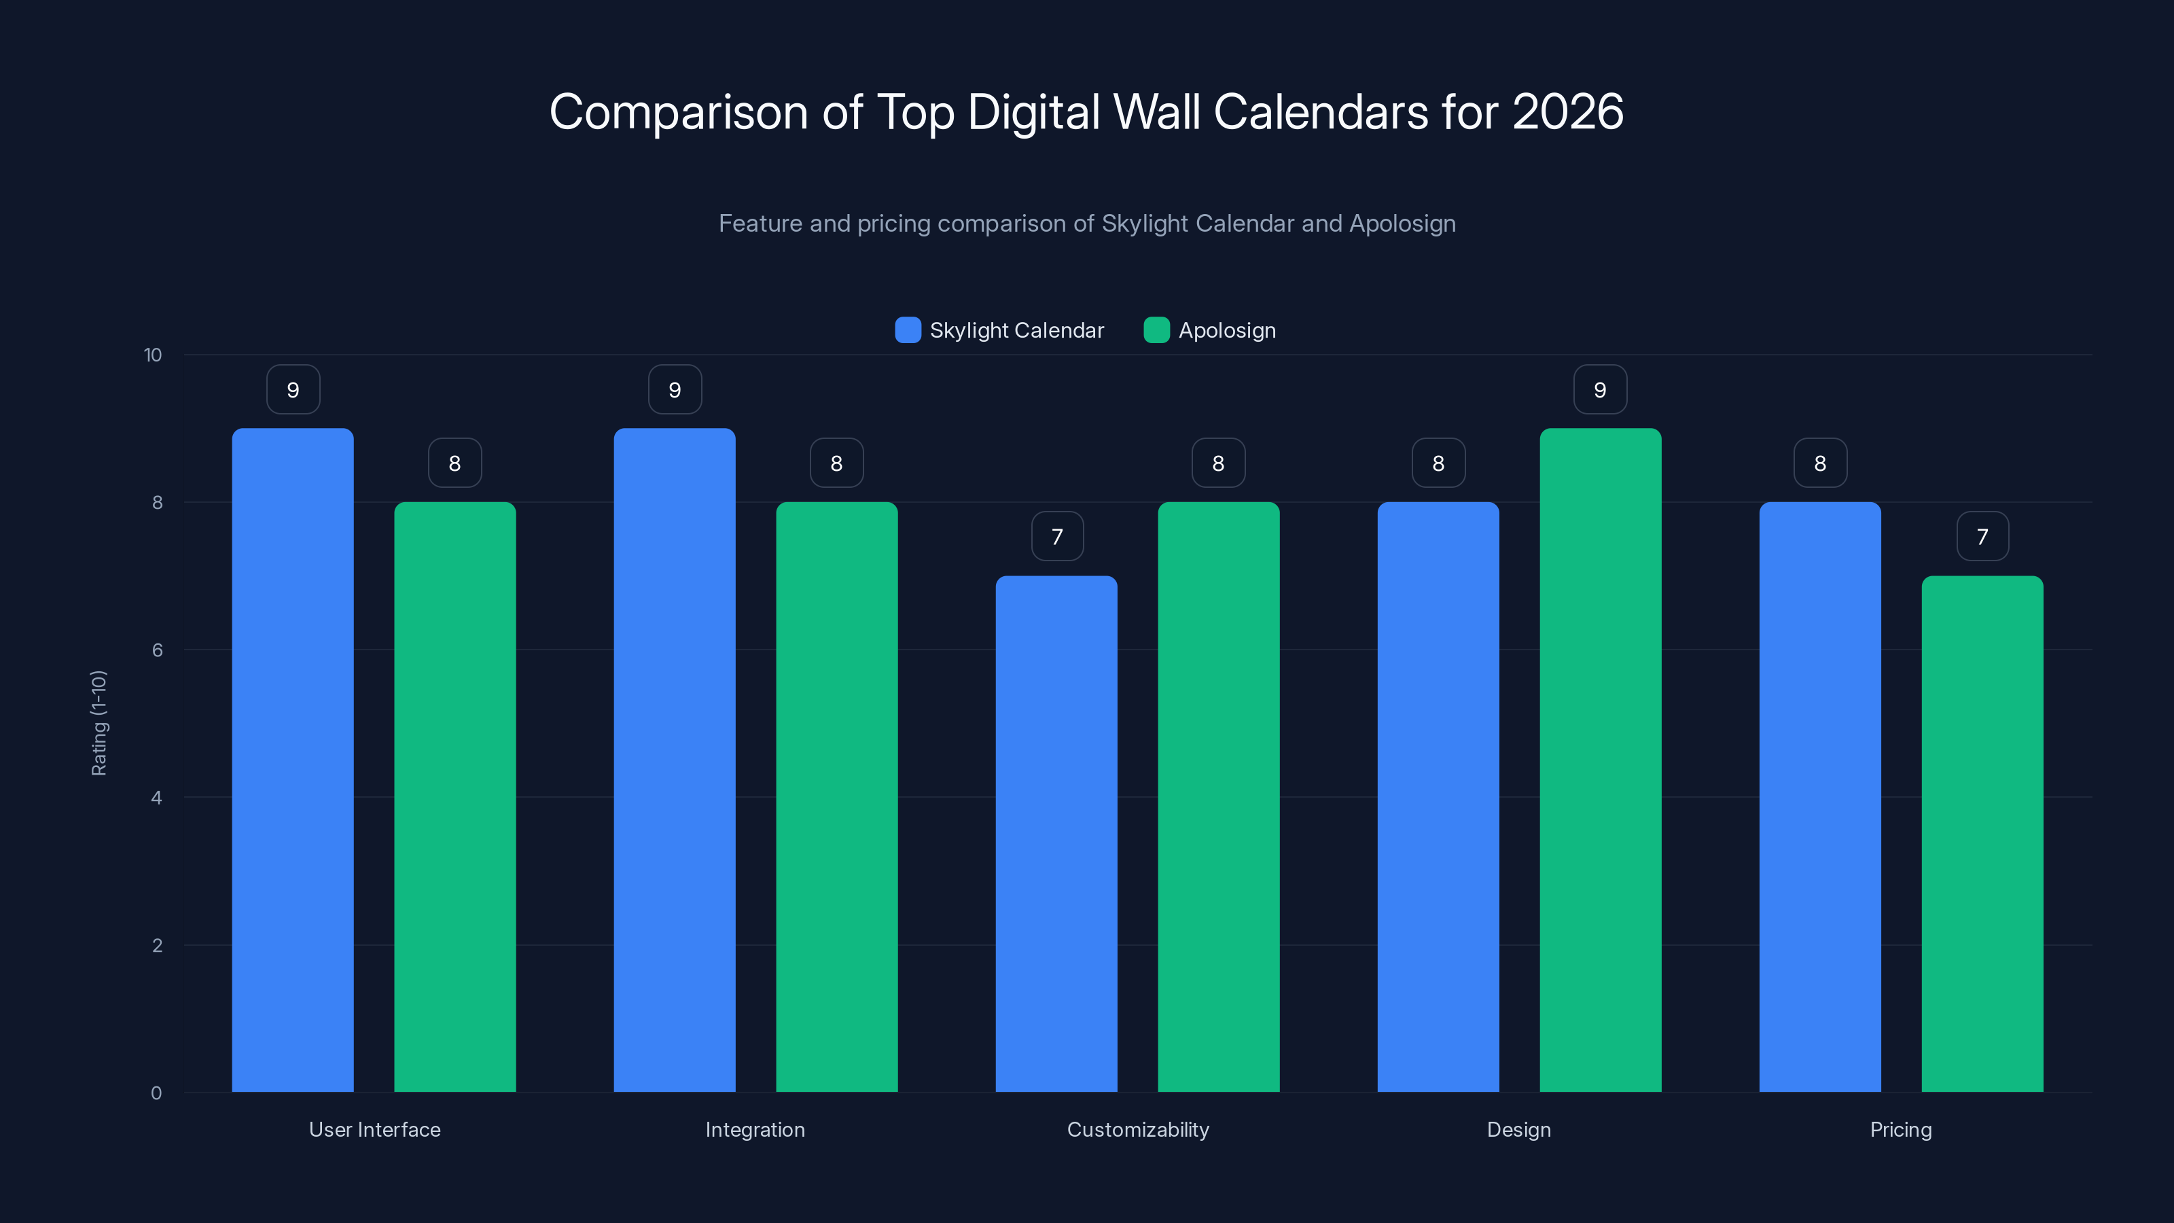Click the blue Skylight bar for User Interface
[293, 760]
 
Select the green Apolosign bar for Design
[1600, 760]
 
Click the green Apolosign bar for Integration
[836, 797]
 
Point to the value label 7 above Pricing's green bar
[1982, 537]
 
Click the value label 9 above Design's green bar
[1600, 390]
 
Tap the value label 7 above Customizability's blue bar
[1056, 537]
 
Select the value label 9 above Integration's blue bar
[675, 390]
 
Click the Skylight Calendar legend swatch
[907, 330]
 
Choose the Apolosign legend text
[1226, 330]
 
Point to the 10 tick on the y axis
[153, 355]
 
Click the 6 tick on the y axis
[157, 650]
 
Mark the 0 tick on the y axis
[156, 1093]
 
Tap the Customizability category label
[1138, 1129]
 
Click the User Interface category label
[375, 1129]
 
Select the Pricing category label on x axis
[1901, 1129]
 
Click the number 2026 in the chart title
[1567, 111]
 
